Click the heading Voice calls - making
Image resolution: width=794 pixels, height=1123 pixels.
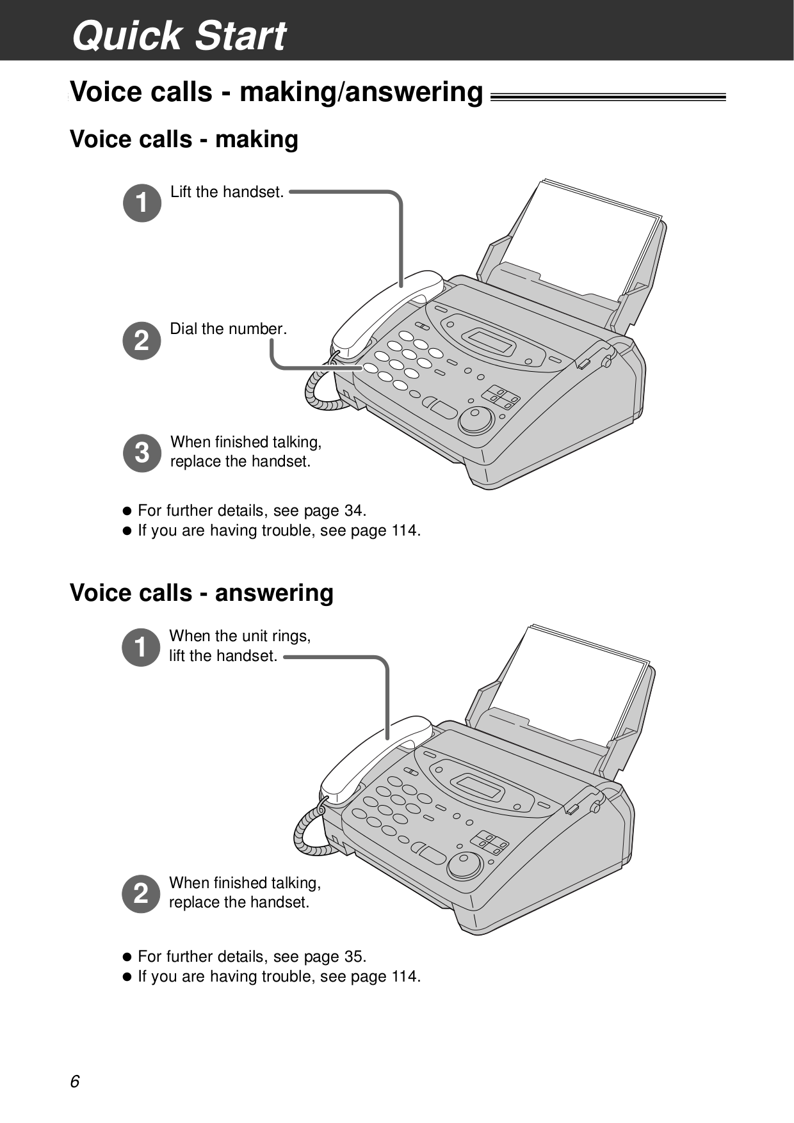click(184, 139)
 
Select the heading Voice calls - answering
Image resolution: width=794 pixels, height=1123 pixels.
click(201, 593)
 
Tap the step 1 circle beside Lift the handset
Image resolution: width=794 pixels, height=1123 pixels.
click(142, 203)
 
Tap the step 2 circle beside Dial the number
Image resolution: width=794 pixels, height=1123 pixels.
click(142, 340)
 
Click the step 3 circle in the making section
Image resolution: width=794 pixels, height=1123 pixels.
click(142, 452)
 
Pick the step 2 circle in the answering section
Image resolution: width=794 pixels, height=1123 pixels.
click(140, 893)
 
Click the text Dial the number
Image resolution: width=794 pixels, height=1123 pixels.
click(228, 329)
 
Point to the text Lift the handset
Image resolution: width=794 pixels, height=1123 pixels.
click(227, 192)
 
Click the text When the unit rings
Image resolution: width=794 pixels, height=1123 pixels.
click(239, 636)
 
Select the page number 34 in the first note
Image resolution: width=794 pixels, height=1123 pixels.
click(353, 511)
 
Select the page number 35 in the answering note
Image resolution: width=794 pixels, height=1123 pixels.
click(353, 957)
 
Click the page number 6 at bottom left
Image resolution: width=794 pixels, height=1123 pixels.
click(75, 1081)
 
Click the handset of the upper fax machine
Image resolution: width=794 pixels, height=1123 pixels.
click(384, 314)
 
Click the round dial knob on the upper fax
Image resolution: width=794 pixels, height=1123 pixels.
click(476, 420)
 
